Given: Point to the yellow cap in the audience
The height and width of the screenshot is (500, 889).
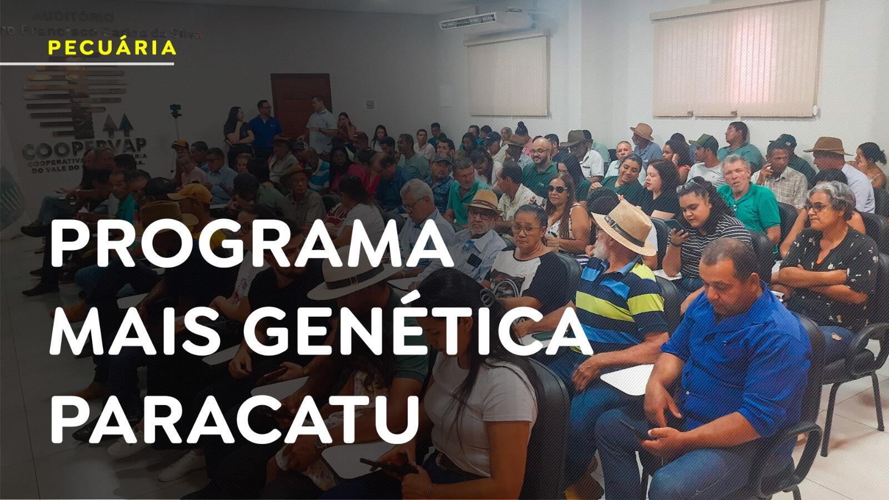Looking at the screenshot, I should pos(191,194).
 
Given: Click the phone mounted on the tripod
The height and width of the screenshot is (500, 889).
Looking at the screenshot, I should pos(176,109).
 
